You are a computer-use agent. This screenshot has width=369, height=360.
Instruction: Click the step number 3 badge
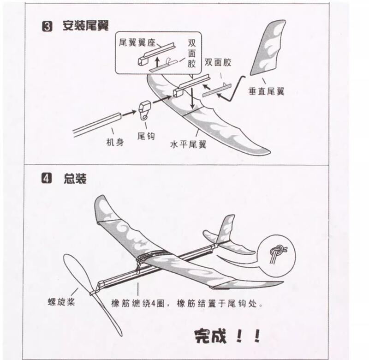click(x=47, y=26)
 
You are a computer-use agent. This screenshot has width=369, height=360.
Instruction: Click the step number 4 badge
click(x=47, y=178)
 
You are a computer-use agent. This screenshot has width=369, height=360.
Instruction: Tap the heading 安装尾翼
click(x=85, y=25)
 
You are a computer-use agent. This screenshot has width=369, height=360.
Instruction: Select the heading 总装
click(x=75, y=179)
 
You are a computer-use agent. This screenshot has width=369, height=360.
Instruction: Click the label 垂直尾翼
click(x=266, y=91)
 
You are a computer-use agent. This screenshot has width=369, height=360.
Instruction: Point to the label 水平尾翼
click(x=188, y=144)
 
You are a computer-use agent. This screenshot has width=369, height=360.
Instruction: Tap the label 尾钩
click(x=146, y=136)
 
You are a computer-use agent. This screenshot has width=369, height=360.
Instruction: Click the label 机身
click(x=115, y=142)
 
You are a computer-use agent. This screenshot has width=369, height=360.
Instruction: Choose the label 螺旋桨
click(x=61, y=301)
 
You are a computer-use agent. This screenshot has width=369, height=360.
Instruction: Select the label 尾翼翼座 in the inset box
click(x=137, y=42)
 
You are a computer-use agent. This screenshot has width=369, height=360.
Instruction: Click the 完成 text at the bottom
click(x=210, y=336)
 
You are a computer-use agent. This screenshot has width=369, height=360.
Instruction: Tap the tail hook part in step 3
click(x=144, y=110)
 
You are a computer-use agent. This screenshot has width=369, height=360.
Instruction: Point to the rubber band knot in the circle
click(x=278, y=252)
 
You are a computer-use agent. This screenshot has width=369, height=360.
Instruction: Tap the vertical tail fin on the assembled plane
click(x=226, y=228)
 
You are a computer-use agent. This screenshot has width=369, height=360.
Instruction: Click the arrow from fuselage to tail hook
click(x=129, y=113)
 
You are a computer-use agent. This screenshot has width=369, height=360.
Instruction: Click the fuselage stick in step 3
click(x=97, y=125)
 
